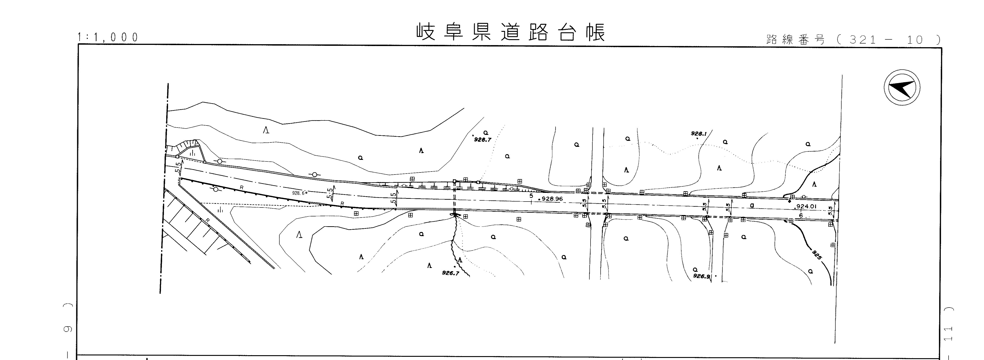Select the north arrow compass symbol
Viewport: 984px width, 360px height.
pos(902,87)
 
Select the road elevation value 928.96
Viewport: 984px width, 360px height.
pos(552,199)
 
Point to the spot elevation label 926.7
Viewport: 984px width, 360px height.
pos(450,273)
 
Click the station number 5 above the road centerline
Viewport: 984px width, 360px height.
pos(531,196)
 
